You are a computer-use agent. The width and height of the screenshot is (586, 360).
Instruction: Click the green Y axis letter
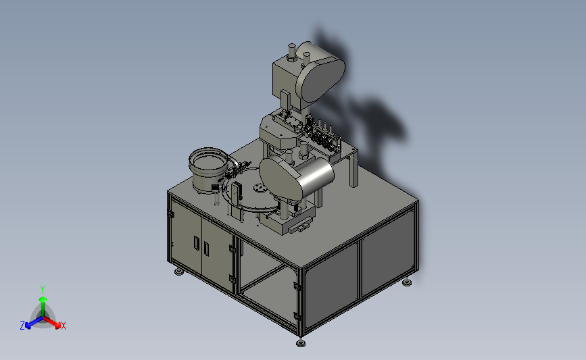point(43,290)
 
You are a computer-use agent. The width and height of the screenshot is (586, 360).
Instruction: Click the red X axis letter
point(63,326)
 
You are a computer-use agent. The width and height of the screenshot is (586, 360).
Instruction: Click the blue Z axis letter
point(22,326)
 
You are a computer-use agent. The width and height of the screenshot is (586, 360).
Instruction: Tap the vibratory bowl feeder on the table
point(209,170)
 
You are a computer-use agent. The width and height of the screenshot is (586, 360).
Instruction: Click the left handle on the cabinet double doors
point(197,243)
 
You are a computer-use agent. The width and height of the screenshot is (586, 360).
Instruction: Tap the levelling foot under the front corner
point(301,342)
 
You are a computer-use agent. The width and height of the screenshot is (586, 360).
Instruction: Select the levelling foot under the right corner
point(408,282)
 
